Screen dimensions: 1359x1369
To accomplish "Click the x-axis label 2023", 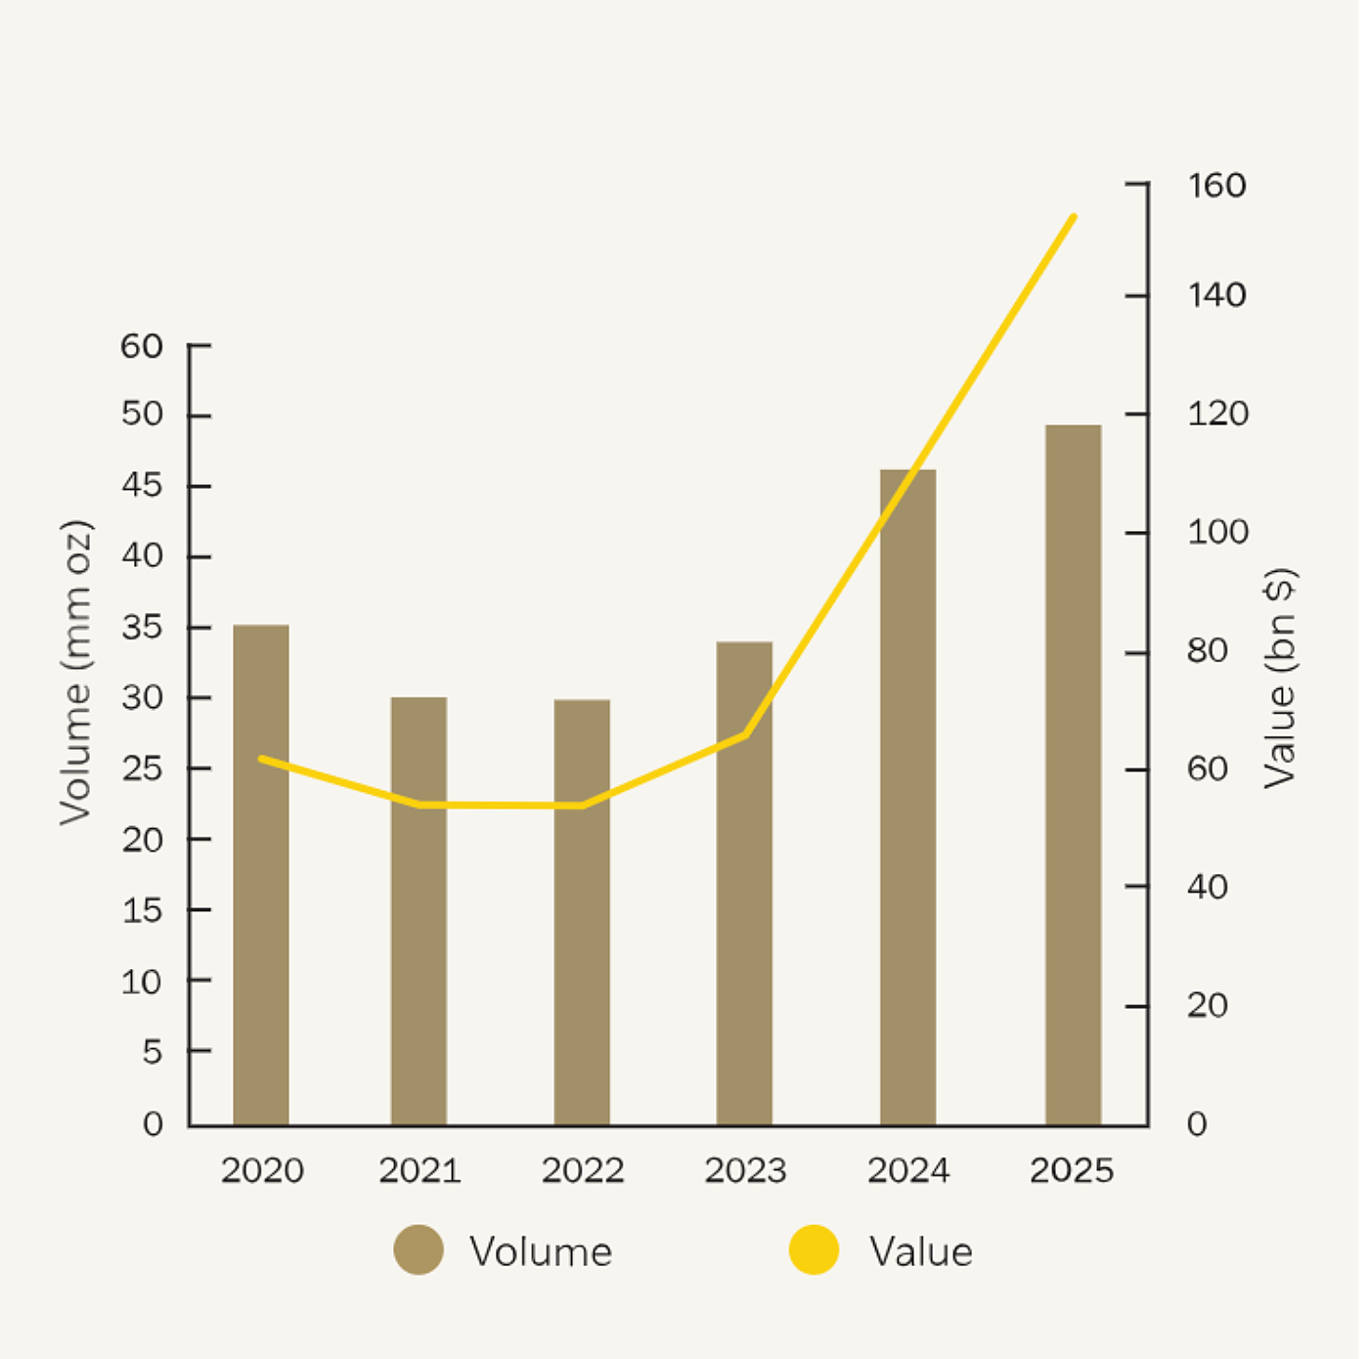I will pyautogui.click(x=745, y=1170).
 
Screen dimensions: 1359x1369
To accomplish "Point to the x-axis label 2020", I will pyautogui.click(x=262, y=1170).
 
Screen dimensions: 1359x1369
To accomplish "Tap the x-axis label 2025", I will pyautogui.click(x=1072, y=1170).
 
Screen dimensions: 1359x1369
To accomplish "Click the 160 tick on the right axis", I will pyautogui.click(x=1216, y=185).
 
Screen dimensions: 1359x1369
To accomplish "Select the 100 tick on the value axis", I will pyautogui.click(x=1217, y=533).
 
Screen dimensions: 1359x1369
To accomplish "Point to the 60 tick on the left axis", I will pyautogui.click(x=142, y=346).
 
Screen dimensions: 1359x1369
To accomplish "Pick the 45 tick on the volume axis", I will pyautogui.click(x=142, y=486).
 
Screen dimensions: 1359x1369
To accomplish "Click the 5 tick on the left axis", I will pyautogui.click(x=152, y=1052).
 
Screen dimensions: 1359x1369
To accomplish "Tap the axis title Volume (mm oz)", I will pyautogui.click(x=75, y=673).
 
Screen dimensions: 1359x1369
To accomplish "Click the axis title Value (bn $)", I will pyautogui.click(x=1280, y=679).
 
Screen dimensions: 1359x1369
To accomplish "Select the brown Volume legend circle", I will pyautogui.click(x=419, y=1249).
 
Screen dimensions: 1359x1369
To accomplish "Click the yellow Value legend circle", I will pyautogui.click(x=814, y=1249).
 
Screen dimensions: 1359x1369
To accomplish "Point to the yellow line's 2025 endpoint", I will pyautogui.click(x=1074, y=217).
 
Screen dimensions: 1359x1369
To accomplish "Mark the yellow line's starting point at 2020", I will pyautogui.click(x=261, y=759).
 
